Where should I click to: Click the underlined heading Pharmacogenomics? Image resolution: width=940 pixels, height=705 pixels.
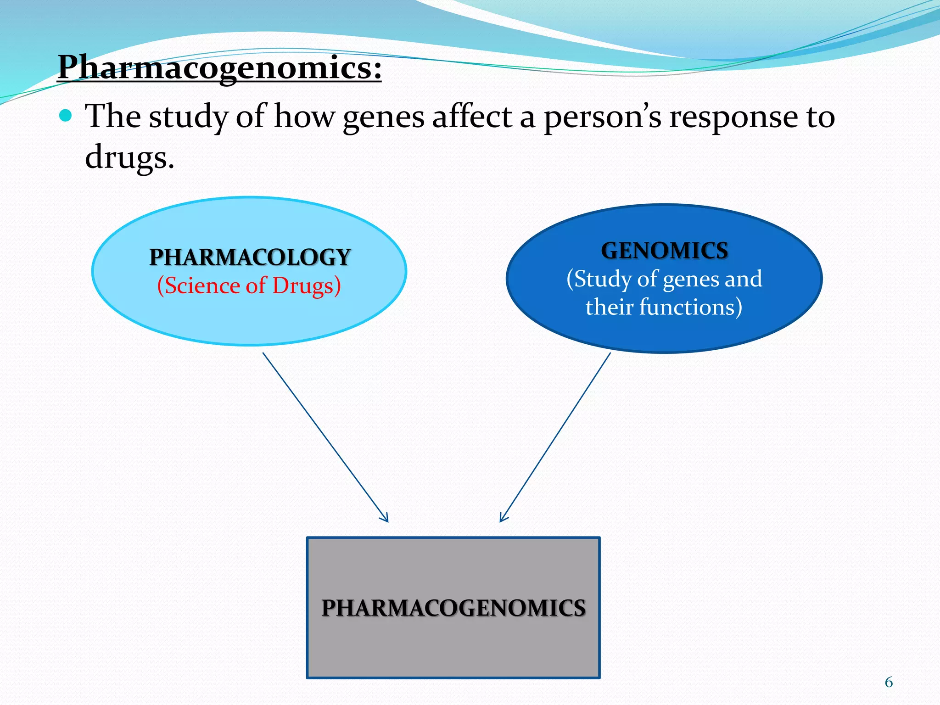(x=219, y=67)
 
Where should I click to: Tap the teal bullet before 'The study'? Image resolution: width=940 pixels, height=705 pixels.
(x=66, y=115)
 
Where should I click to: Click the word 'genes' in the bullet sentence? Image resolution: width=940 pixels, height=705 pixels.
(x=383, y=117)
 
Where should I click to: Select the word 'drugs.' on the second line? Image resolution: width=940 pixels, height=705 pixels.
(x=129, y=157)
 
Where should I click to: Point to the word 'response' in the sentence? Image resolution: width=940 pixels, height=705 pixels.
(x=733, y=117)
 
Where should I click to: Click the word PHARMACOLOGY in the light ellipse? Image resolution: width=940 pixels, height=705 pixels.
(x=250, y=257)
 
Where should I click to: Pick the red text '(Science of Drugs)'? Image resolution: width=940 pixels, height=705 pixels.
(x=249, y=285)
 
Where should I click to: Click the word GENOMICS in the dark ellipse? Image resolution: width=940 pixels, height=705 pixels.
(x=664, y=251)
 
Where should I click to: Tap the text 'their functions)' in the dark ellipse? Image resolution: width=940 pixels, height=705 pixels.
(x=664, y=307)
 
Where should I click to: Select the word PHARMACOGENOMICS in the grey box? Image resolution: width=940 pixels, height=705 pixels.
(x=453, y=608)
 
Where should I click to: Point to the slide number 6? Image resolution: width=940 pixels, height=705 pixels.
(x=889, y=683)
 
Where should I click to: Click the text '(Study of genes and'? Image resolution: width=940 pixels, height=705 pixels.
(x=664, y=279)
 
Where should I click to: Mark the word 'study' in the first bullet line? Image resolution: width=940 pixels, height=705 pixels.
(x=188, y=117)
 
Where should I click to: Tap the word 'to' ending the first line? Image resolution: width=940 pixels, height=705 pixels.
(x=820, y=117)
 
